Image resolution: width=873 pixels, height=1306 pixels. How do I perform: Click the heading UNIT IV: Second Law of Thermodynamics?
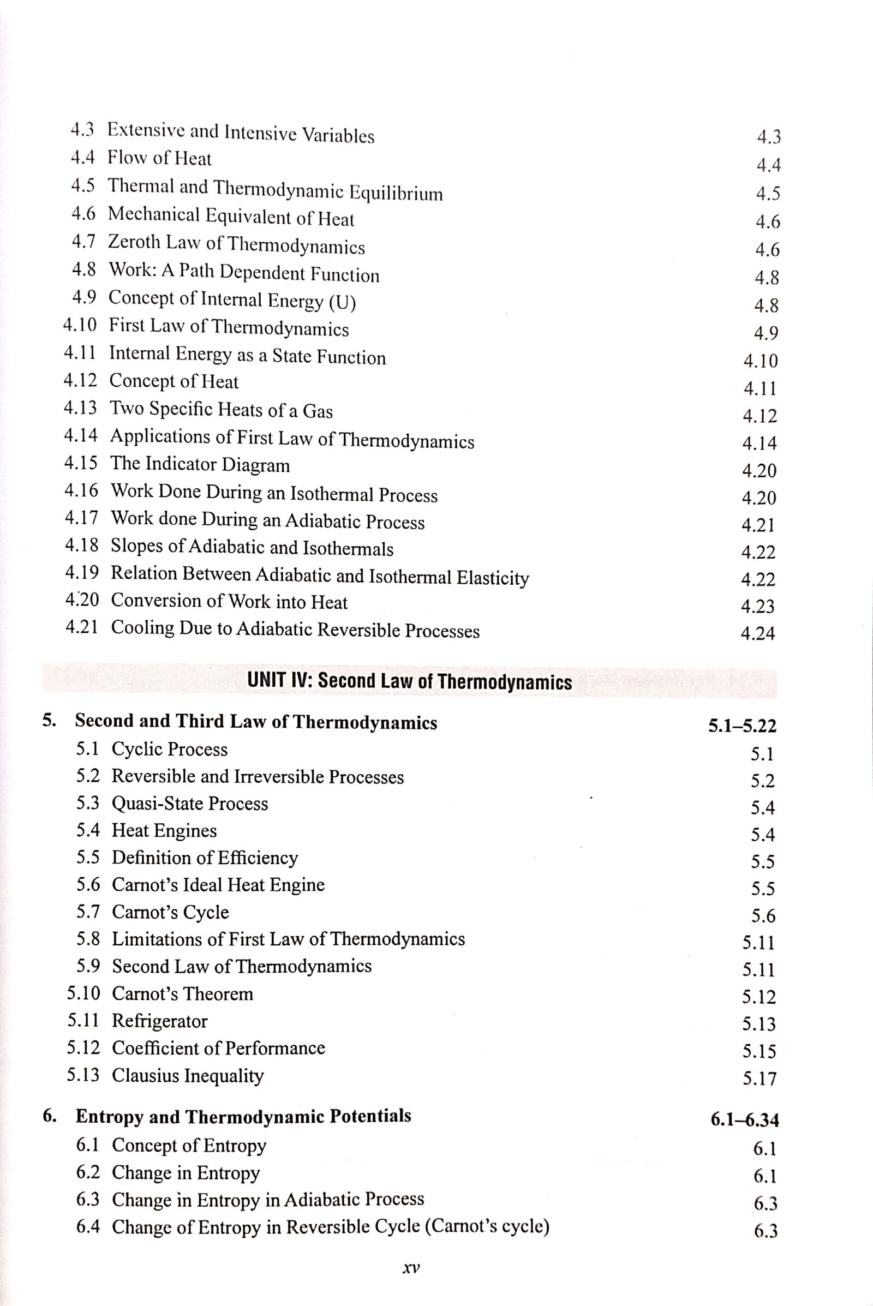[x=409, y=681]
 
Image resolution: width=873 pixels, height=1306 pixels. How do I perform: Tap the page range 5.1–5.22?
[x=742, y=726]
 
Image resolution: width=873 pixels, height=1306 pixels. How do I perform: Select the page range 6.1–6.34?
[x=744, y=1119]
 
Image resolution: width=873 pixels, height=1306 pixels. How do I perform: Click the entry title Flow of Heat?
[x=159, y=159]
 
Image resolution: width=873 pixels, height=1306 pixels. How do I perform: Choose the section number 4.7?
[x=83, y=242]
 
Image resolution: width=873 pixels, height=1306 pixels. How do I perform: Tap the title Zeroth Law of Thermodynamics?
[x=236, y=244]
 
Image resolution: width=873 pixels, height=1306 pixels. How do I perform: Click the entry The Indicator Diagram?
[x=200, y=464]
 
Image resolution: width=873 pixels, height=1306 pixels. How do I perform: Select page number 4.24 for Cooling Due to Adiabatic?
[x=757, y=633]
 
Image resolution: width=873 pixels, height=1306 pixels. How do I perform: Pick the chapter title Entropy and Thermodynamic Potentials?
[x=243, y=1116]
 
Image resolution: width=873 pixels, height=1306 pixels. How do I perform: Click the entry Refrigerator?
[x=160, y=1021]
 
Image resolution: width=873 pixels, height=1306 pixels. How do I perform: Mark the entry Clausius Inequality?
[x=188, y=1075]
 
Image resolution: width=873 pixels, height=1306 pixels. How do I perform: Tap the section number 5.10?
[x=83, y=993]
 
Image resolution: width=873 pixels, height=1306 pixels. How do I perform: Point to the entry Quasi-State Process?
[x=190, y=804]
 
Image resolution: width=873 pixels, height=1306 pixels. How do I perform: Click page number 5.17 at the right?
[x=759, y=1079]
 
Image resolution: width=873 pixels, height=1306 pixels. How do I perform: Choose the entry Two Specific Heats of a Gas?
[x=221, y=410]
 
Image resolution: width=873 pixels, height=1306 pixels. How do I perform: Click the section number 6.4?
[x=88, y=1226]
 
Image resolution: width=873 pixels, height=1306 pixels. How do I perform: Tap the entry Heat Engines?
[x=164, y=831]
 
